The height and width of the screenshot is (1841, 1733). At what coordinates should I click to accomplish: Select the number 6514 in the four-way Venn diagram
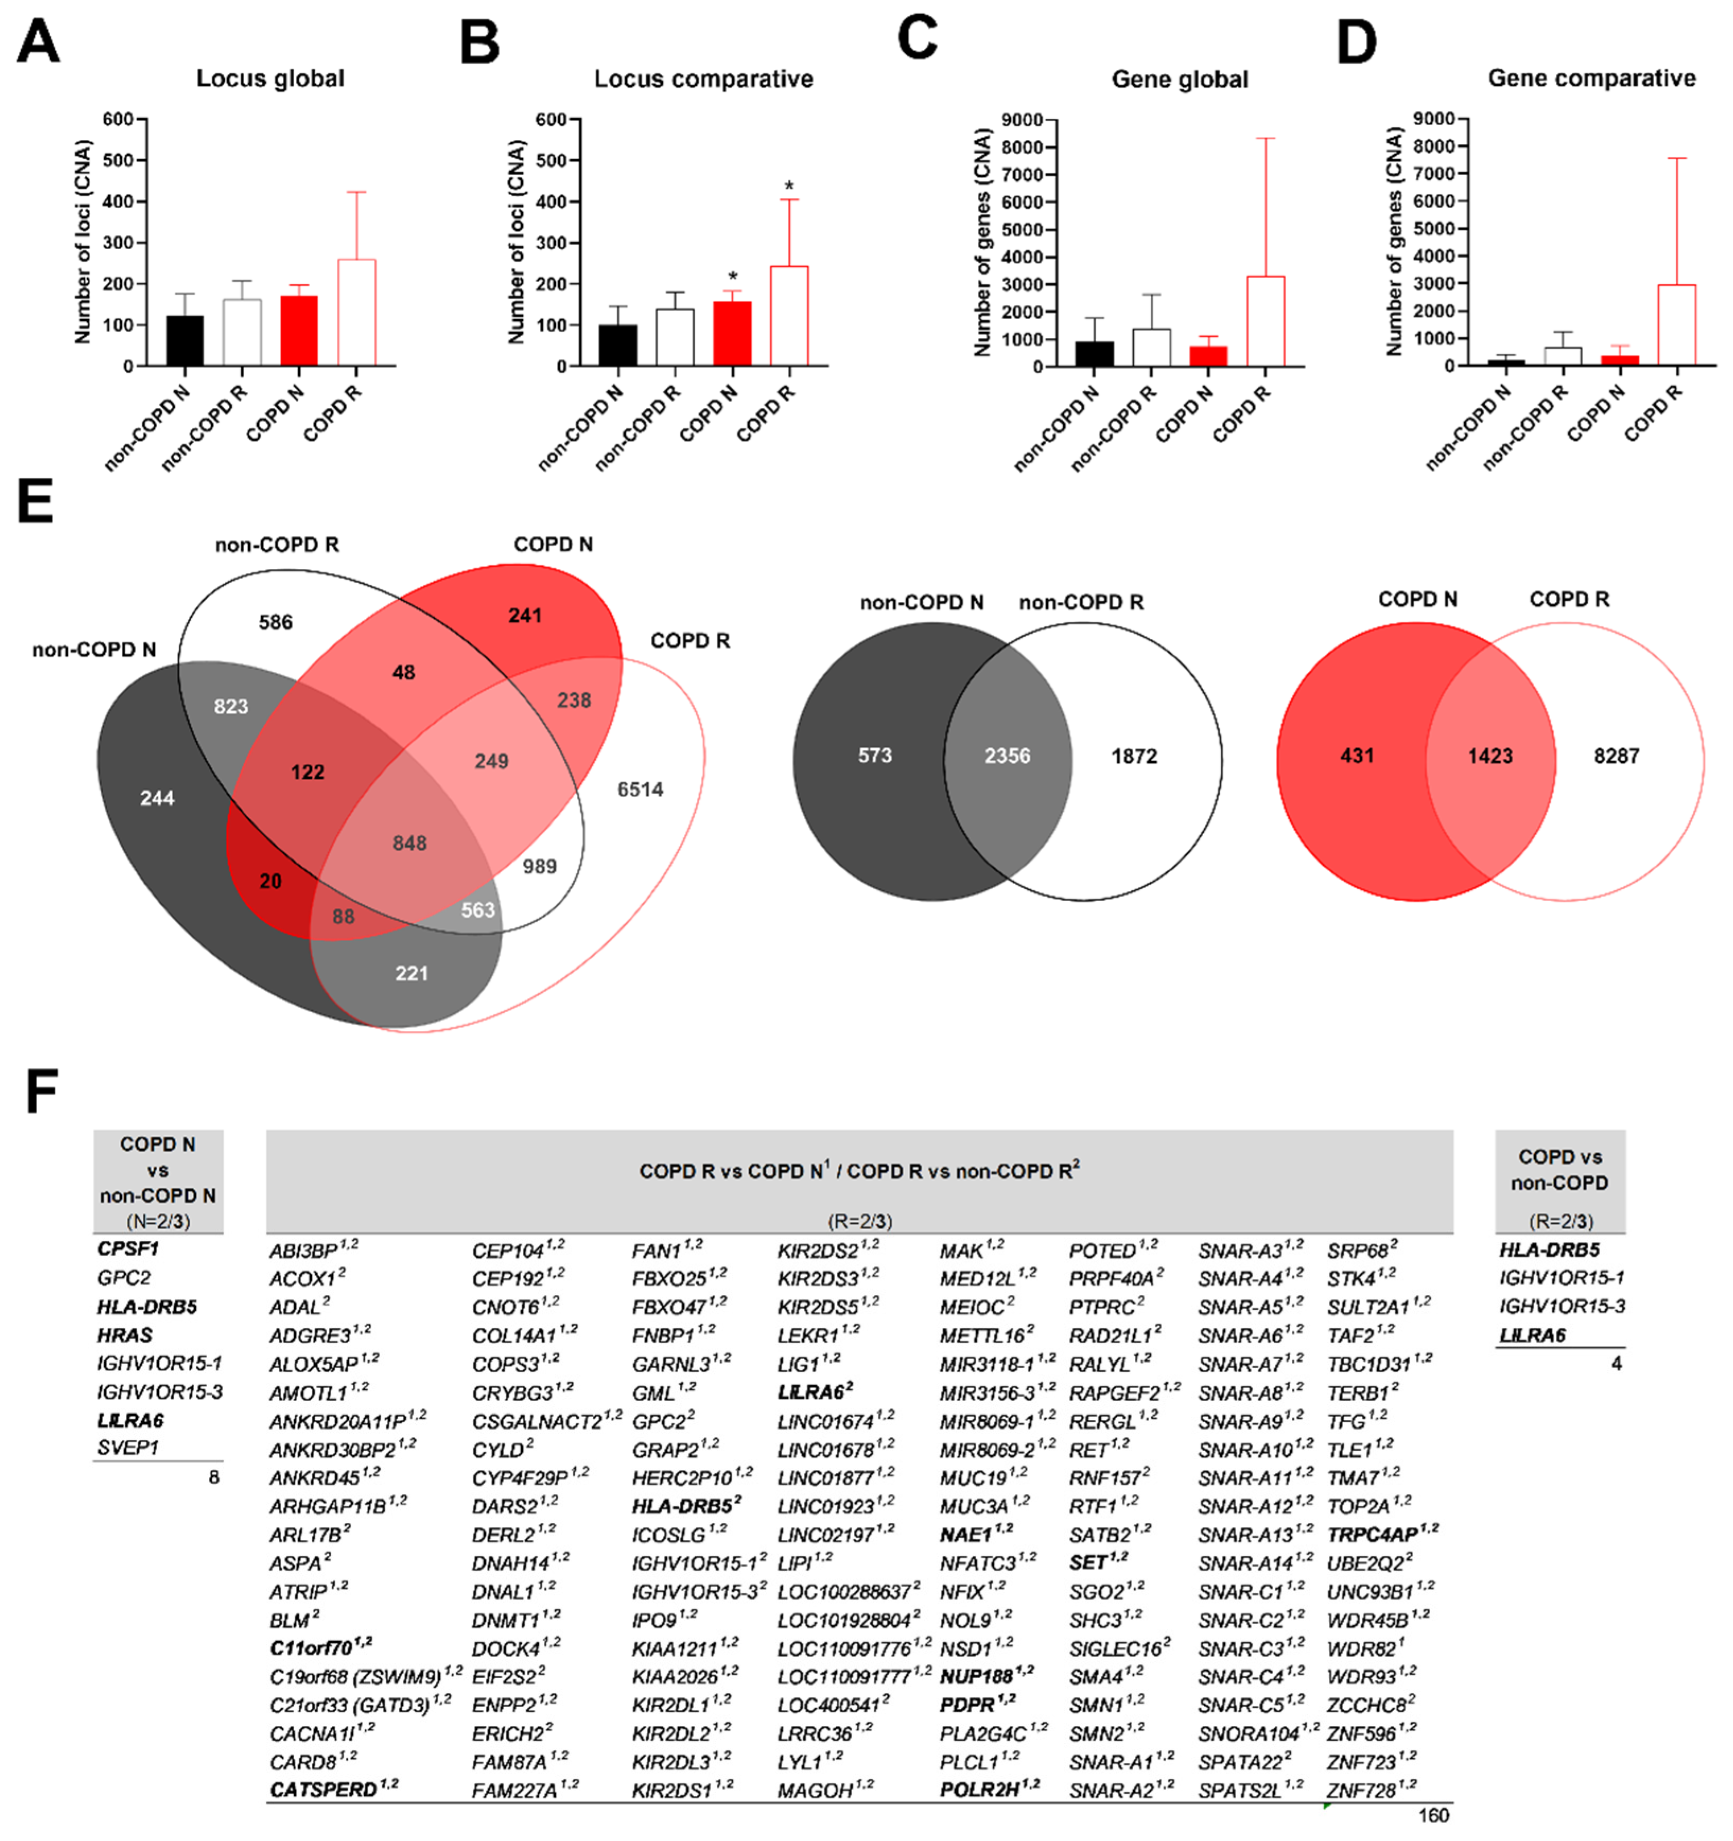click(640, 790)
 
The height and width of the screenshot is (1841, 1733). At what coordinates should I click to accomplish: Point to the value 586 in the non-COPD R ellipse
click(275, 623)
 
